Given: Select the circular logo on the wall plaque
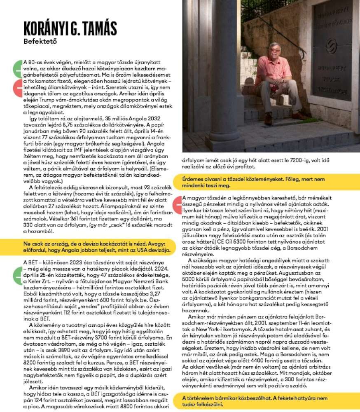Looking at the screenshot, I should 331,44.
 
